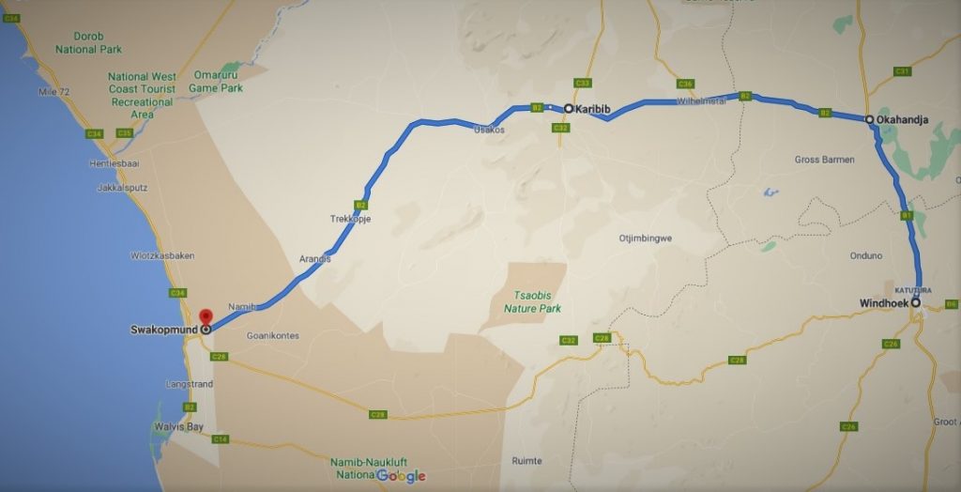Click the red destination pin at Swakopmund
(206, 315)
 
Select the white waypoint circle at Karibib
(569, 109)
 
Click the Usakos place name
(489, 130)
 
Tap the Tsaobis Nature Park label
(532, 301)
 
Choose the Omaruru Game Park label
(216, 82)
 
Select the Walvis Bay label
(178, 426)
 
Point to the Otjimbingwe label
(645, 238)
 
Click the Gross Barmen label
(824, 160)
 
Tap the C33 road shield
(583, 84)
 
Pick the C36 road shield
(685, 84)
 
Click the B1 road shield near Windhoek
(907, 216)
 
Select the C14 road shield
(221, 439)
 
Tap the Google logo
(401, 476)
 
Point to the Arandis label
(314, 258)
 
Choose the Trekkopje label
(351, 219)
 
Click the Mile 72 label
(54, 91)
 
